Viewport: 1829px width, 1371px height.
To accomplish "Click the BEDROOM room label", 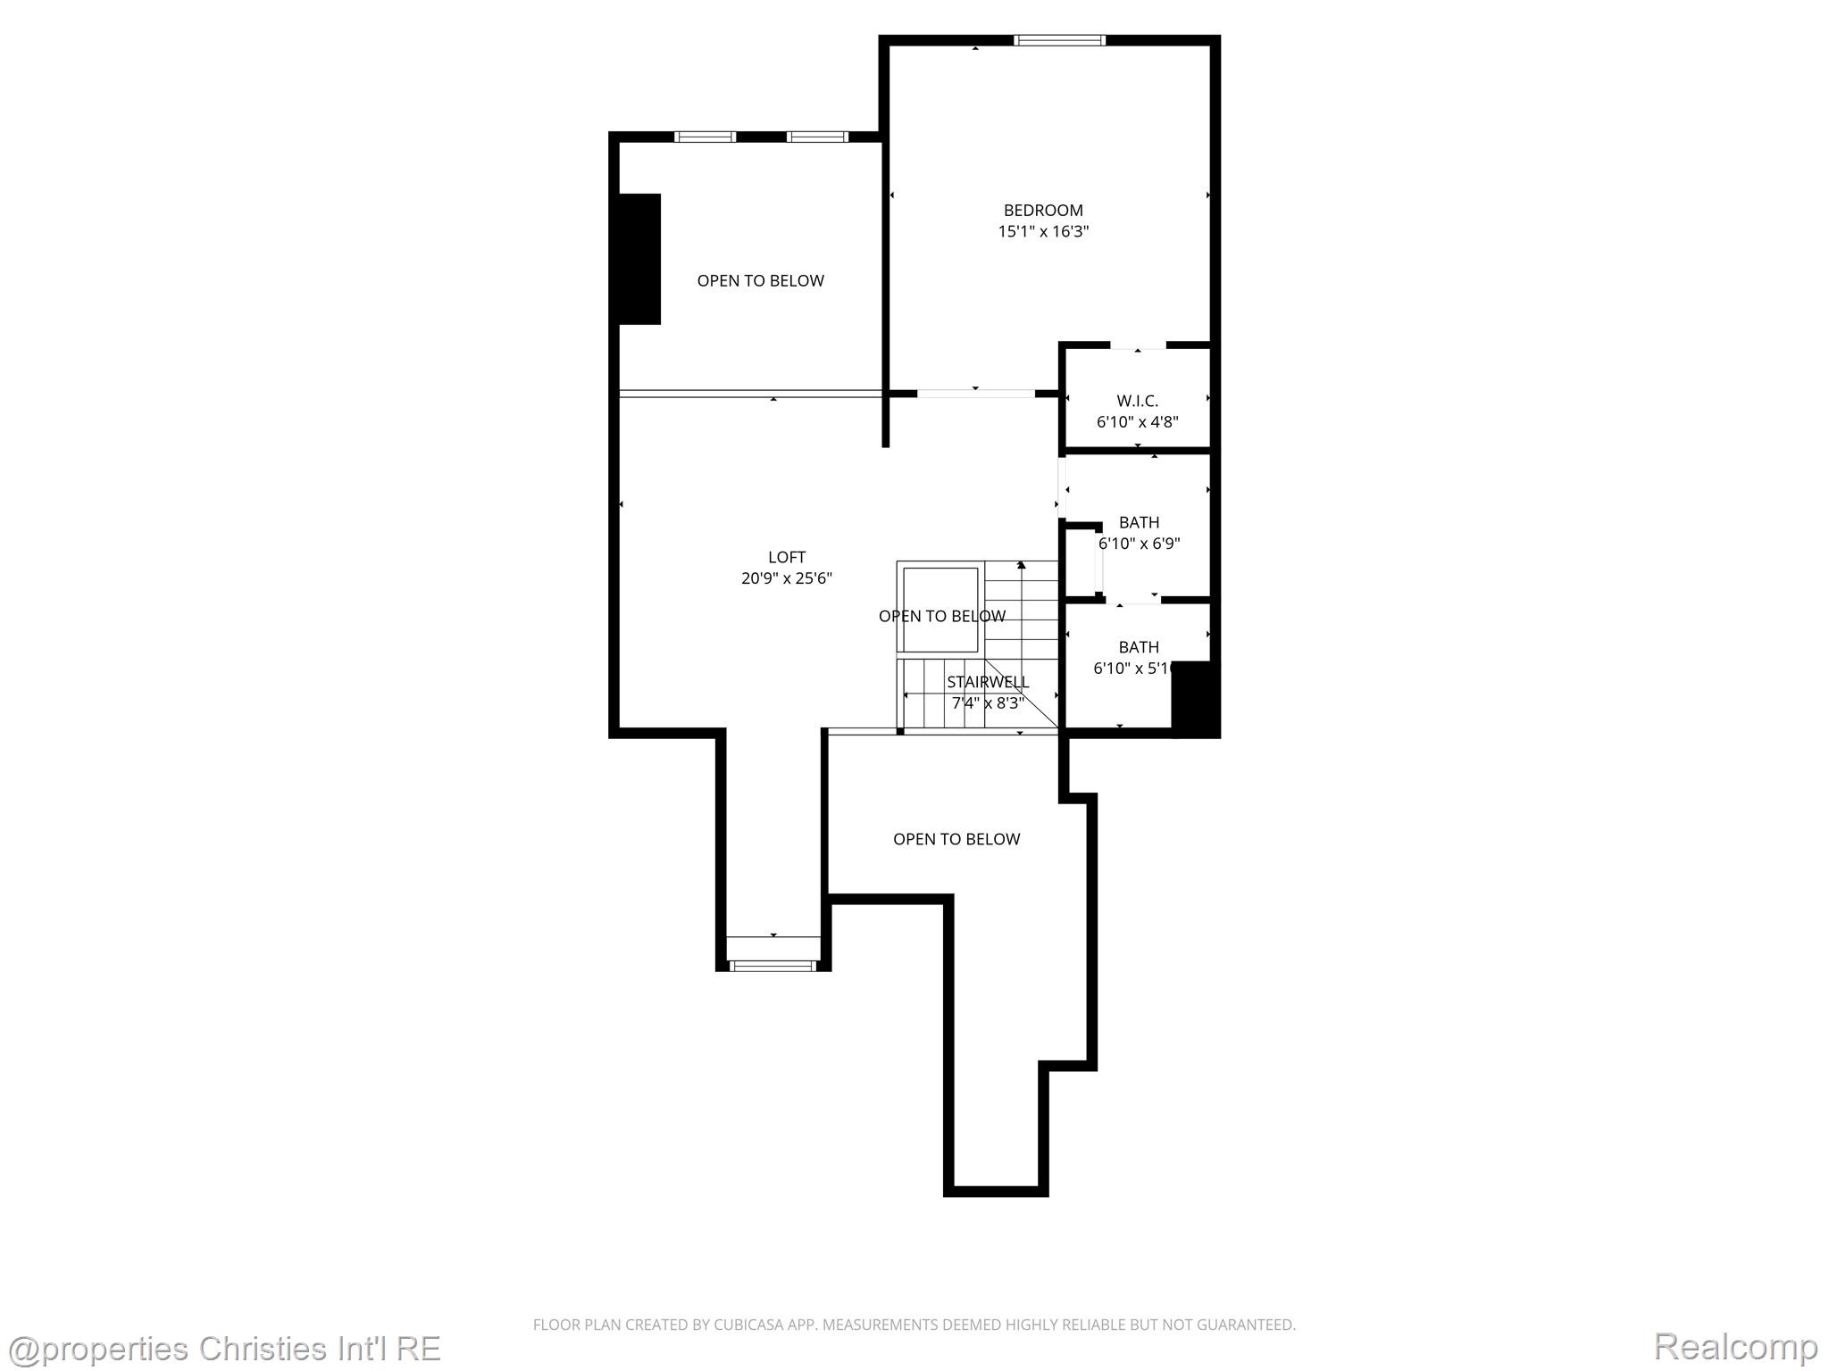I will click(x=1043, y=211).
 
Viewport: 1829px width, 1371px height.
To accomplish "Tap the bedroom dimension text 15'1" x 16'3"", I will click(x=1043, y=232).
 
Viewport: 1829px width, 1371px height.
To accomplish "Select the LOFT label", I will click(x=787, y=557).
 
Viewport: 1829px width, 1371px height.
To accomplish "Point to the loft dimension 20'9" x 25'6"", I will click(x=787, y=578).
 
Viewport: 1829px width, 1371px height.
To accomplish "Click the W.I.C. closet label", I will click(x=1137, y=401).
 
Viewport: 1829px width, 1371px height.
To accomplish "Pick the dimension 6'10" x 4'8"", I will click(x=1137, y=422).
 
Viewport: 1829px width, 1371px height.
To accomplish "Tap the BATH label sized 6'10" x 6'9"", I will click(x=1139, y=522).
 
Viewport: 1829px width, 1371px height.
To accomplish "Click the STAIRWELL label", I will click(x=988, y=682).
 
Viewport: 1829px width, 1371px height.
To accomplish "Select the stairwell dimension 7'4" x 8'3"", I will click(x=988, y=703).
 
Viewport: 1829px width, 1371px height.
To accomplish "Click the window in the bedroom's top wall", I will click(x=1059, y=40).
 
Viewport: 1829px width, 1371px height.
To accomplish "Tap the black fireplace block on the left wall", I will click(x=639, y=259).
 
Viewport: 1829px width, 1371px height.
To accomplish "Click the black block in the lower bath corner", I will click(x=1195, y=699).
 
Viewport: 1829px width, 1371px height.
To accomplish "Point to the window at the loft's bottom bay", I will click(x=773, y=965).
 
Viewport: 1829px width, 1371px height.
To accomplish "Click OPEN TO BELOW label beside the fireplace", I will click(x=760, y=281).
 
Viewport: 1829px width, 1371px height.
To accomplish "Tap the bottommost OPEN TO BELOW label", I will click(x=956, y=839).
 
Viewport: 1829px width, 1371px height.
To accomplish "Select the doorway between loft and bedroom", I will click(x=975, y=393).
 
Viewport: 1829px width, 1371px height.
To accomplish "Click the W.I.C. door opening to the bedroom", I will click(x=1138, y=346).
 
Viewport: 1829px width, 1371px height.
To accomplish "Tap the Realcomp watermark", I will click(x=1735, y=1346).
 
